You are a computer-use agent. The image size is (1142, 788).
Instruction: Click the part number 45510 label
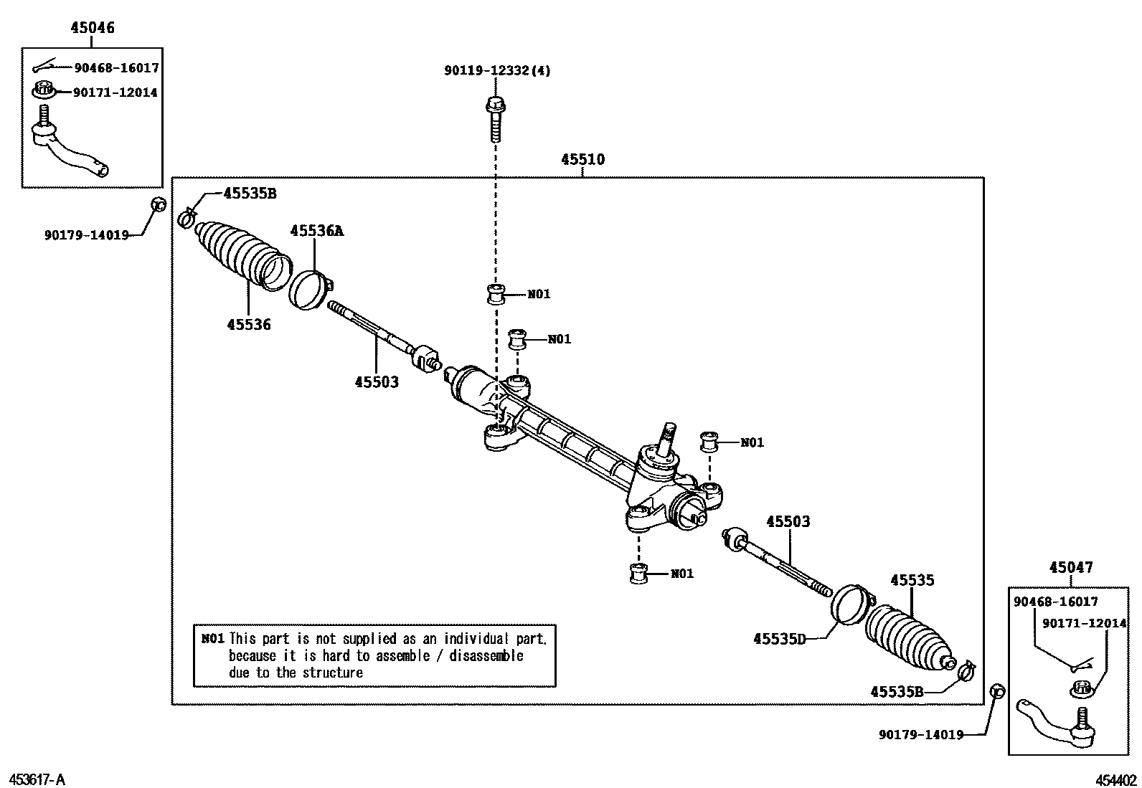tap(582, 160)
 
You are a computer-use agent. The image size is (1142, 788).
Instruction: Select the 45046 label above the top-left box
tap(92, 29)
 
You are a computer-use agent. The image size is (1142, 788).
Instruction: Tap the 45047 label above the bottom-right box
tap(1071, 567)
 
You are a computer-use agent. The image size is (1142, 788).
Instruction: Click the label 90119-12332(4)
tap(497, 71)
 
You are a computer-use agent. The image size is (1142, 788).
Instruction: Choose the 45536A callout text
tap(316, 231)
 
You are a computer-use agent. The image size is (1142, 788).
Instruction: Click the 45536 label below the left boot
tap(249, 325)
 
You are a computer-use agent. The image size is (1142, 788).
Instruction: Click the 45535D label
tap(780, 638)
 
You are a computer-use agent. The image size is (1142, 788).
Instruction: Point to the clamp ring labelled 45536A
tap(310, 290)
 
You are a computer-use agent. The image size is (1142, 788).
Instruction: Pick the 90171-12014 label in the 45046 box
tap(115, 92)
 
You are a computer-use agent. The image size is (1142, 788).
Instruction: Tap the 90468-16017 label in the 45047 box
tap(1055, 602)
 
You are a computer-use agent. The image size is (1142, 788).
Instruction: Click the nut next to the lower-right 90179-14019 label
tap(996, 691)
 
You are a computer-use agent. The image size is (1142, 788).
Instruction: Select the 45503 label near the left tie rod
tap(376, 382)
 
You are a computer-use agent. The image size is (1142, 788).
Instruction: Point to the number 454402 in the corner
tap(1115, 780)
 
